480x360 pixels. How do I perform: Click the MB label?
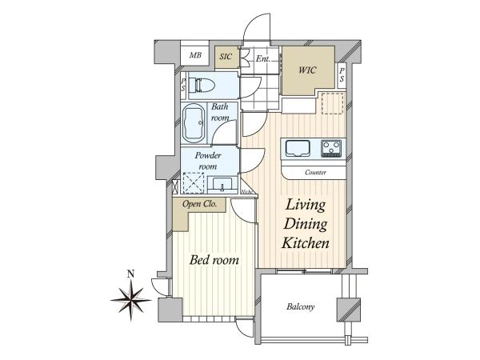point(195,55)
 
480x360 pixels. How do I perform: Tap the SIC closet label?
point(226,57)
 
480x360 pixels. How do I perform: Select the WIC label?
point(307,70)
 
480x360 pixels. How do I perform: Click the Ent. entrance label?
point(263,58)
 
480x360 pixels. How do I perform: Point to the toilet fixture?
point(201,85)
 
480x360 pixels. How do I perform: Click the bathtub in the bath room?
point(194,123)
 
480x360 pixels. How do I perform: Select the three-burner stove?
point(331,149)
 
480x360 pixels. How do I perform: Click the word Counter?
point(315,172)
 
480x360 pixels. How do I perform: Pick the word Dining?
point(306,224)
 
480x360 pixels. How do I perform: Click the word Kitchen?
point(306,243)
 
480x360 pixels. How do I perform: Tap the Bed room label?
point(214,260)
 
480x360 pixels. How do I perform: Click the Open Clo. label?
point(199,204)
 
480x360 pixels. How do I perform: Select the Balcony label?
point(300,306)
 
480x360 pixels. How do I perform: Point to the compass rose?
point(131,300)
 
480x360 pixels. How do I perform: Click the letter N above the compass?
point(131,274)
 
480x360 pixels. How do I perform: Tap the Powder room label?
point(208,161)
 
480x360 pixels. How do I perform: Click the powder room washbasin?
point(222,185)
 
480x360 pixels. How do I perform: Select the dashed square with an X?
point(194,183)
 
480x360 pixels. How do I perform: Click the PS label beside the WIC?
point(342,75)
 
